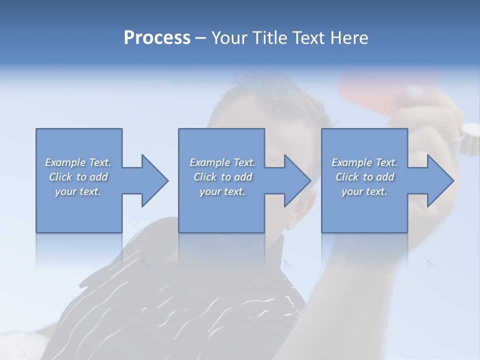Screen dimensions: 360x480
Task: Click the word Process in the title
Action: click(157, 38)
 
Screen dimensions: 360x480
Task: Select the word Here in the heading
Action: click(349, 38)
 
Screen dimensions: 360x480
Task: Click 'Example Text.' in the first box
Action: click(78, 162)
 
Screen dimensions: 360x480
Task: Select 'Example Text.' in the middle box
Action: click(222, 162)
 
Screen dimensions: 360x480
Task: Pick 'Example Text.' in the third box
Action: click(364, 162)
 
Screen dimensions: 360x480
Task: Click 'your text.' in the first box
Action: click(78, 191)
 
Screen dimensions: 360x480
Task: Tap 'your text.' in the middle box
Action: click(222, 191)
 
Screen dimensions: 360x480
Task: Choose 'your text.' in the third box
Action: click(364, 191)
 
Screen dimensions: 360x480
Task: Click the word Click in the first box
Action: click(60, 177)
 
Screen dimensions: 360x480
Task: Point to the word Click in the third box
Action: click(347, 177)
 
